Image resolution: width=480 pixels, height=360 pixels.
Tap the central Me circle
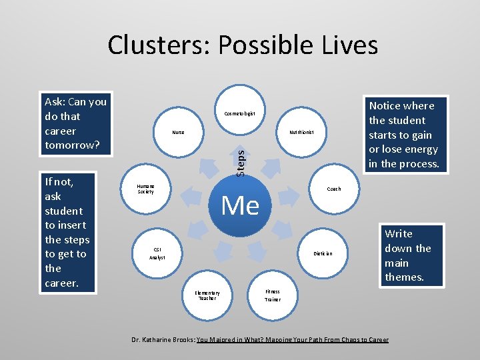[x=240, y=205]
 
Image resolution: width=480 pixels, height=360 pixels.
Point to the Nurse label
[x=178, y=132]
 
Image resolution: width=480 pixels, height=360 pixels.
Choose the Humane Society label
[x=145, y=189]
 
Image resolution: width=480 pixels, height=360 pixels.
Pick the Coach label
[x=333, y=189]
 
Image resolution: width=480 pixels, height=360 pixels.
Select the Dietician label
[x=323, y=253]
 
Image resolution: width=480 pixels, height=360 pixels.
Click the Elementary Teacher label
[x=207, y=295]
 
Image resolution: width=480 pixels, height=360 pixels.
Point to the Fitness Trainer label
[x=273, y=295]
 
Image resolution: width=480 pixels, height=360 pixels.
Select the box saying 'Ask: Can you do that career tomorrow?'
[x=75, y=123]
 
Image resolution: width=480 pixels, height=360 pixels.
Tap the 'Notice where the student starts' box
[x=403, y=135]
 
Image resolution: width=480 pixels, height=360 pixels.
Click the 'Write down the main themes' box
[x=407, y=255]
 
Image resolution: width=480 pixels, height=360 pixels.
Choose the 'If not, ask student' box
[x=67, y=232]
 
